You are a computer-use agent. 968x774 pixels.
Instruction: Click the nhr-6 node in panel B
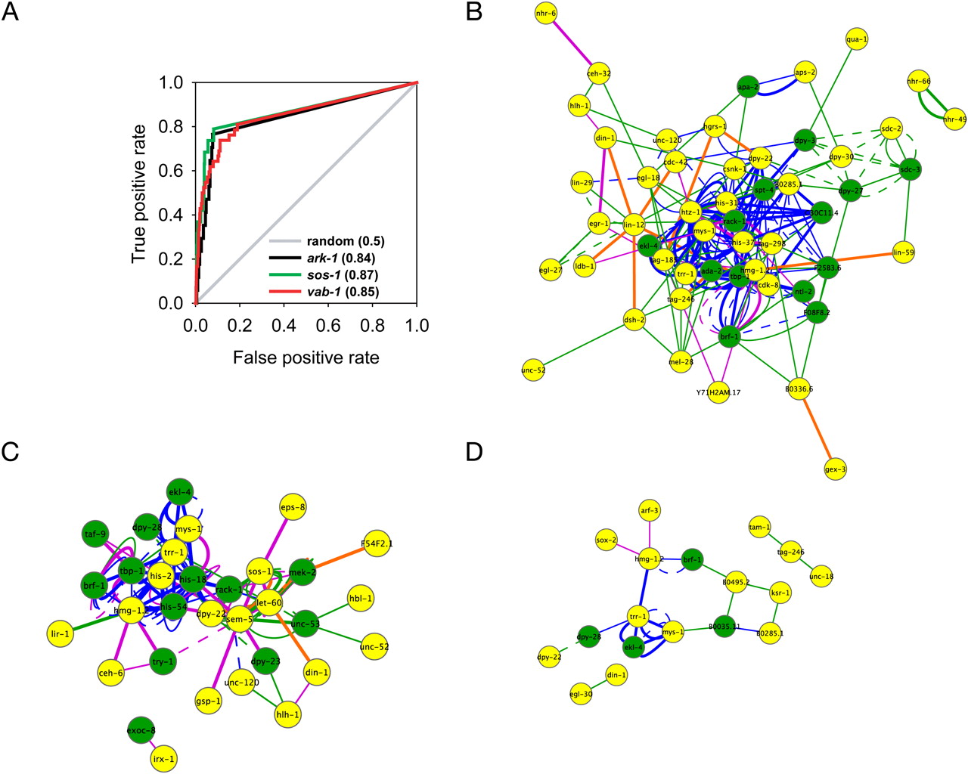pyautogui.click(x=545, y=14)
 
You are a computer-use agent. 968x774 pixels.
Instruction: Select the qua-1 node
pyautogui.click(x=856, y=39)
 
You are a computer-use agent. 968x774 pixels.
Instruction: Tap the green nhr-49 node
pyautogui.click(x=956, y=119)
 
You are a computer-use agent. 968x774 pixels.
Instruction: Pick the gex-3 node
pyautogui.click(x=836, y=469)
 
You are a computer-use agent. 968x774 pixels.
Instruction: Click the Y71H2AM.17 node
pyautogui.click(x=718, y=392)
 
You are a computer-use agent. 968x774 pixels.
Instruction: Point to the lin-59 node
pyautogui.click(x=904, y=252)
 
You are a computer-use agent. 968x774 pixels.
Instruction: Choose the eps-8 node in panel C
pyautogui.click(x=292, y=507)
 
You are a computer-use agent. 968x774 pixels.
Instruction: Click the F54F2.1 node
pyautogui.click(x=377, y=543)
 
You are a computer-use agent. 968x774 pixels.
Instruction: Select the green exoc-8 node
pyautogui.click(x=141, y=730)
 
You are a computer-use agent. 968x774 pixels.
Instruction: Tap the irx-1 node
pyautogui.click(x=163, y=758)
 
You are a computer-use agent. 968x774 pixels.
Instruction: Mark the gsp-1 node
pyautogui.click(x=209, y=701)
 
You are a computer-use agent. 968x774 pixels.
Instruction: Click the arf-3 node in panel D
pyautogui.click(x=650, y=511)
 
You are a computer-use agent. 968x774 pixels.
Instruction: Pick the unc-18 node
pyautogui.click(x=821, y=577)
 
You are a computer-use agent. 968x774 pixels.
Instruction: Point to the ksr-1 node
pyautogui.click(x=780, y=593)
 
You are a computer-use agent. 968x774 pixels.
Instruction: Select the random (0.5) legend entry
pyautogui.click(x=345, y=241)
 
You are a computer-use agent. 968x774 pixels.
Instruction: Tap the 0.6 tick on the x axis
pyautogui.click(x=328, y=326)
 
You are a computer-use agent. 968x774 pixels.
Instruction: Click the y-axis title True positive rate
pyautogui.click(x=138, y=192)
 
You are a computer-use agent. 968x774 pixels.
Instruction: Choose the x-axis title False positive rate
pyautogui.click(x=306, y=358)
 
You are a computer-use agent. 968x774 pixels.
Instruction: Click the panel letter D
pyautogui.click(x=474, y=452)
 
